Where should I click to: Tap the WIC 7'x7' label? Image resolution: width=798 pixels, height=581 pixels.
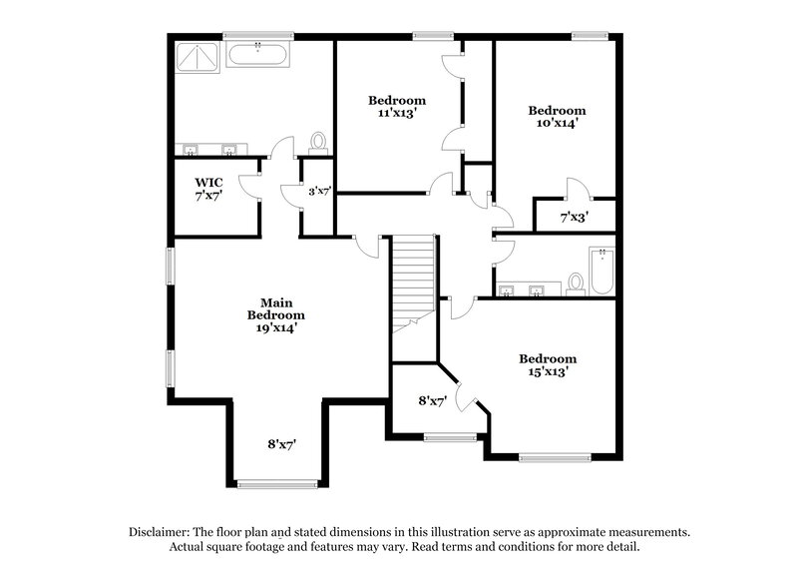click(208, 189)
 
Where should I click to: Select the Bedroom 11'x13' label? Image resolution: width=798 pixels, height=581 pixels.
click(396, 107)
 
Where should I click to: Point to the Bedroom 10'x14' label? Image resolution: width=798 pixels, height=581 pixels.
click(557, 117)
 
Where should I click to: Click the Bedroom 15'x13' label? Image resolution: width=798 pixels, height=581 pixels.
click(547, 365)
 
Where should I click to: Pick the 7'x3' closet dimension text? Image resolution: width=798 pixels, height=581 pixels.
click(574, 217)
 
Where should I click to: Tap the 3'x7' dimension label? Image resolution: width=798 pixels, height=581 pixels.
click(319, 191)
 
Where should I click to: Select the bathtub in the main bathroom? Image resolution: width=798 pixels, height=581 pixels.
click(258, 54)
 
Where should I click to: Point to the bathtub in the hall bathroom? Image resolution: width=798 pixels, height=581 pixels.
click(601, 271)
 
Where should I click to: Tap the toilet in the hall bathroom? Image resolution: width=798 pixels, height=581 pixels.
click(576, 285)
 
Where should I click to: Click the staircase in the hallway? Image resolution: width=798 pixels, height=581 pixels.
click(413, 283)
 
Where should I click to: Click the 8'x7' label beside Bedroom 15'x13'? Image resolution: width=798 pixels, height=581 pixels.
click(432, 401)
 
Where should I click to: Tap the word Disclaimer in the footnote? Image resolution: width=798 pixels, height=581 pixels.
click(159, 532)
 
